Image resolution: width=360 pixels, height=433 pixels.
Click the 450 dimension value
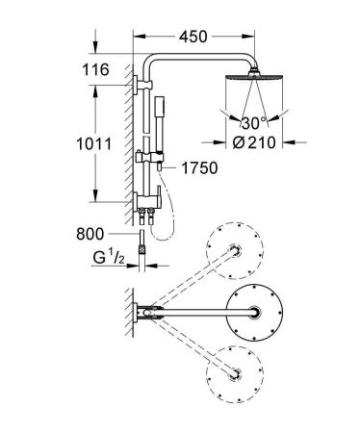[x=193, y=37]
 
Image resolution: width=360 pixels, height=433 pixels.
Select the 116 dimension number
[x=95, y=69]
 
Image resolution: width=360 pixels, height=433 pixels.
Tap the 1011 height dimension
[x=94, y=144]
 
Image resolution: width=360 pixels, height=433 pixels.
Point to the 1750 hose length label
[x=199, y=167]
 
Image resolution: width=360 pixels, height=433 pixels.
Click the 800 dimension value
[x=90, y=234]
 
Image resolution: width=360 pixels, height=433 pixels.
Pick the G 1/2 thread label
[x=109, y=258]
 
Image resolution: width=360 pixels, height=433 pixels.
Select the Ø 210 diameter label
[x=254, y=142]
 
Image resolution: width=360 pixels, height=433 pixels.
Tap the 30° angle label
[x=254, y=123]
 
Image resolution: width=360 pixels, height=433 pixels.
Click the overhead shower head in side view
[x=254, y=76]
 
